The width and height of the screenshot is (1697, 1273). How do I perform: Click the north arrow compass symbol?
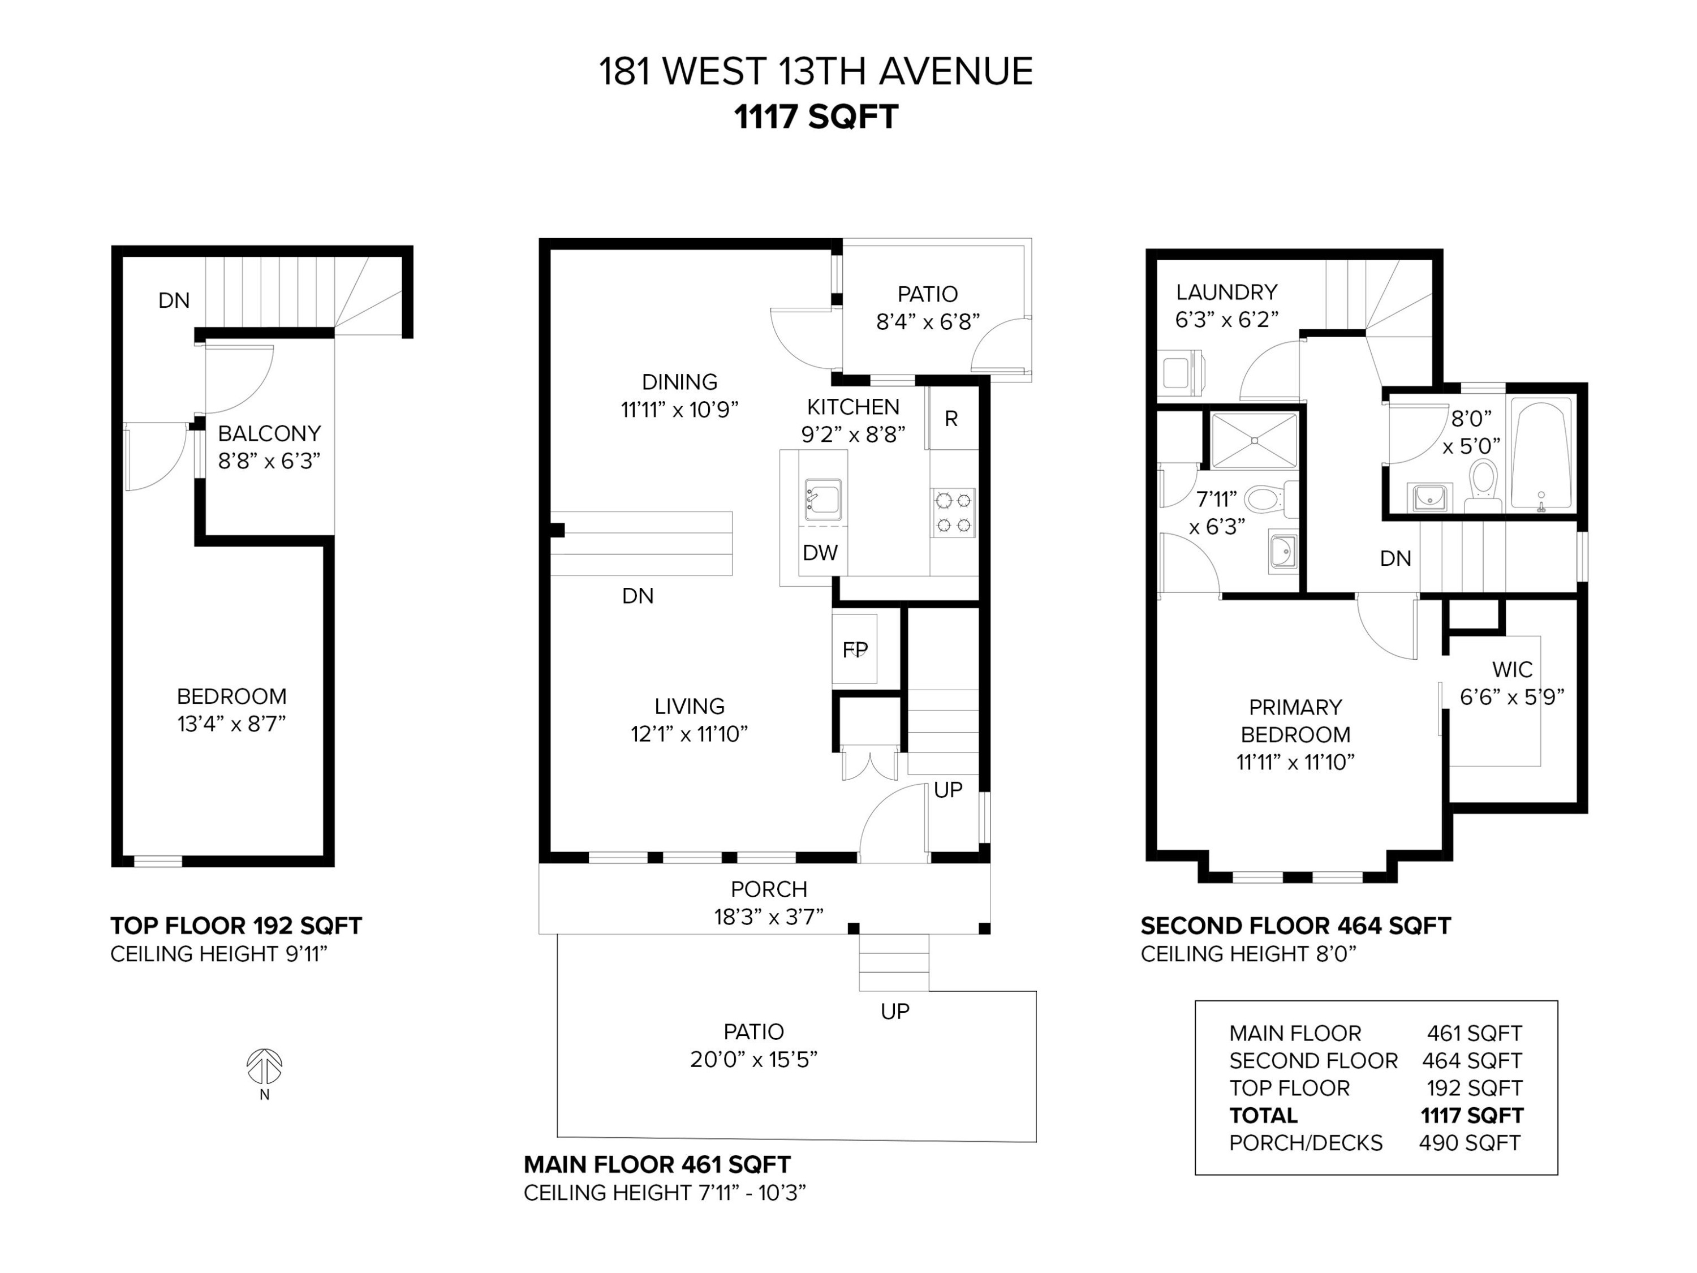(264, 1066)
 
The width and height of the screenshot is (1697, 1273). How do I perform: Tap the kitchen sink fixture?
(822, 500)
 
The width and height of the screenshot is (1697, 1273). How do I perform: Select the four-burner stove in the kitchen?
(954, 513)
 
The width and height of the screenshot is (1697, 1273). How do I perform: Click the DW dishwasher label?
(820, 552)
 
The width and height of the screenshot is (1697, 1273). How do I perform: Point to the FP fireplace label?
(855, 650)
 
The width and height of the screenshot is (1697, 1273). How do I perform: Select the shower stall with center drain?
(1254, 440)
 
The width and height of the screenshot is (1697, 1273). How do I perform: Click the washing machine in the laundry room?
(1180, 373)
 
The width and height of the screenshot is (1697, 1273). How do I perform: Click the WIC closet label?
(1512, 669)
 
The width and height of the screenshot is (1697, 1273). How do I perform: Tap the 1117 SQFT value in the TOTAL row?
(1471, 1115)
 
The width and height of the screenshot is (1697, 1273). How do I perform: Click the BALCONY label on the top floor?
(269, 433)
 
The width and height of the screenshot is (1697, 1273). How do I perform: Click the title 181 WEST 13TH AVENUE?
(816, 71)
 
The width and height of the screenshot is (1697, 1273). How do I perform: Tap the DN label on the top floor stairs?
(174, 300)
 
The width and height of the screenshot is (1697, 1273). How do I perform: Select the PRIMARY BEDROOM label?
(1295, 721)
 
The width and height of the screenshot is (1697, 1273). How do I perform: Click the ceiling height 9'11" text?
(219, 954)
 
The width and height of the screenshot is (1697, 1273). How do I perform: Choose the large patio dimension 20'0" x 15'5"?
(753, 1059)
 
